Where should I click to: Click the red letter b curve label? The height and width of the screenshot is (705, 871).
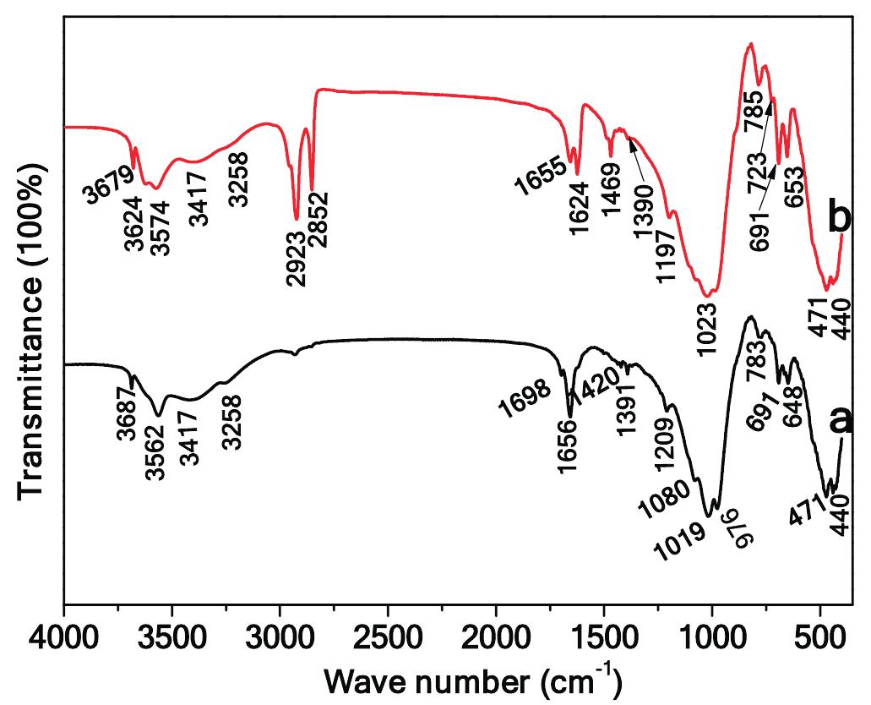coord(839,218)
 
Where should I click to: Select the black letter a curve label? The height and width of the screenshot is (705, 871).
coord(840,420)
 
